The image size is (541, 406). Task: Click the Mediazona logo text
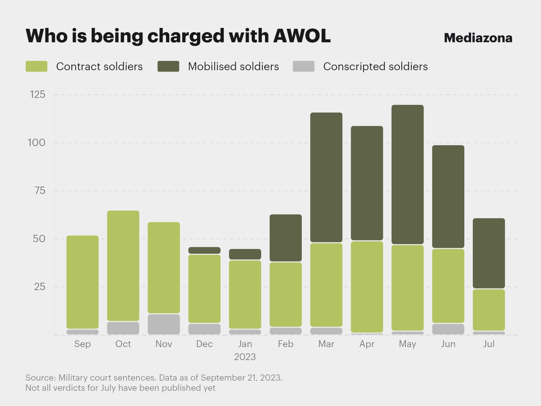pos(478,38)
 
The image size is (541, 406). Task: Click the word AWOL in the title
pos(302,36)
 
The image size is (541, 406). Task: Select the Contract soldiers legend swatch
pos(36,67)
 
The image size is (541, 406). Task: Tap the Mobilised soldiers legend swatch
pos(168,67)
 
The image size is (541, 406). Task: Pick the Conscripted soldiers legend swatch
pos(303,67)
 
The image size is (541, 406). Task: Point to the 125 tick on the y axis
pos(38,94)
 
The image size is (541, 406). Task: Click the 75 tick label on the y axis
pos(40,191)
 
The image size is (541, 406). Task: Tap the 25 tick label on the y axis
pos(39,287)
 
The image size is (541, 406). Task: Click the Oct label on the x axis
pos(123,344)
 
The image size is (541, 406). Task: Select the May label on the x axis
pos(407,344)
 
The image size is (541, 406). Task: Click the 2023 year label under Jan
pos(245,357)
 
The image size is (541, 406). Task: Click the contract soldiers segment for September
pos(83,282)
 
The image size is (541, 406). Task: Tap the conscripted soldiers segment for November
pos(164,324)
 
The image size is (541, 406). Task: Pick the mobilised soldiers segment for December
pos(204,250)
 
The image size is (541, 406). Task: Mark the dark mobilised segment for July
pos(489,253)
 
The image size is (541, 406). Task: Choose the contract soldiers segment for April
pos(367,287)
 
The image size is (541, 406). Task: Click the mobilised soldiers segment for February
pos(286,238)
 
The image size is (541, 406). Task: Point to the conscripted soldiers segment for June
pos(448,329)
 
